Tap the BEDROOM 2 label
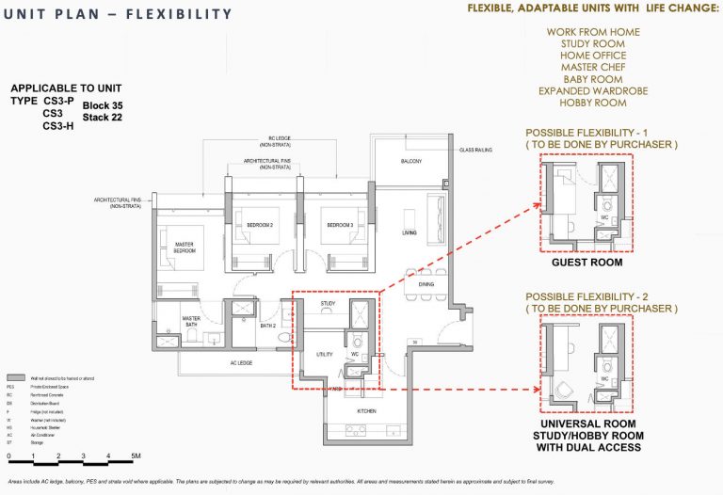click(x=260, y=226)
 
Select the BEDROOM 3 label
click(x=340, y=226)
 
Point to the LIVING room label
click(x=410, y=232)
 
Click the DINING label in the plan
click(x=426, y=283)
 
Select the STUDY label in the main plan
click(x=329, y=304)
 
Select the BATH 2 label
click(x=268, y=326)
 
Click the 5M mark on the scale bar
click(x=136, y=456)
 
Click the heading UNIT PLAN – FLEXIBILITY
click(x=119, y=14)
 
